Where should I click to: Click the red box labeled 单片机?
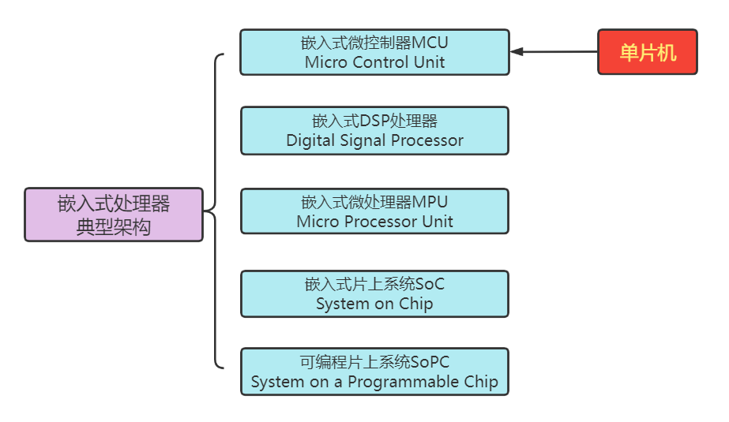(647, 52)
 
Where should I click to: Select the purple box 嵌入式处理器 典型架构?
(114, 215)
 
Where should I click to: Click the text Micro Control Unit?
(374, 62)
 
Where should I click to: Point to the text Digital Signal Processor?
(374, 140)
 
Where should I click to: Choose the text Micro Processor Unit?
(374, 222)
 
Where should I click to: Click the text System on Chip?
(374, 304)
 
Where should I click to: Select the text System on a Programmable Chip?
(374, 382)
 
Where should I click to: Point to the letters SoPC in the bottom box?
(430, 363)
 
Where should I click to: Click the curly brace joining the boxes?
(215, 211)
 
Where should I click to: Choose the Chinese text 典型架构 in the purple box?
(114, 226)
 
